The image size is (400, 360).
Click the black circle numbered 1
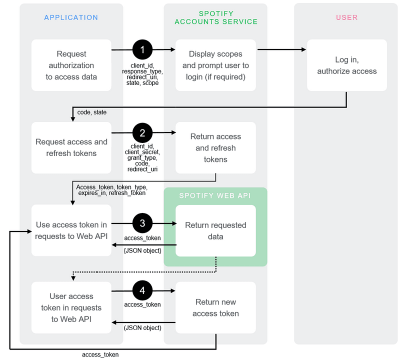pyautogui.click(x=142, y=50)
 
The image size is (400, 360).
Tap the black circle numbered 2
pyautogui.click(x=142, y=133)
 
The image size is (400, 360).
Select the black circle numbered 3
pyautogui.click(x=142, y=223)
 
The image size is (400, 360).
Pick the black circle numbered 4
pyautogui.click(x=142, y=290)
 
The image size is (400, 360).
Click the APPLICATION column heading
pyautogui.click(x=71, y=17)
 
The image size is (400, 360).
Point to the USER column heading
pyautogui.click(x=346, y=17)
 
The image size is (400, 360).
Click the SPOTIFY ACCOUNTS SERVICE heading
pyautogui.click(x=216, y=17)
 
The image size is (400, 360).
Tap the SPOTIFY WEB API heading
pyautogui.click(x=215, y=195)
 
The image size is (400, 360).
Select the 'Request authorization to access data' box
pyautogui.click(x=71, y=65)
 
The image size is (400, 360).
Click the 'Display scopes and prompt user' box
pyautogui.click(x=215, y=65)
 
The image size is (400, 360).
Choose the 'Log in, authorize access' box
pyautogui.click(x=346, y=65)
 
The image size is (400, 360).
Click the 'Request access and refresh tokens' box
pyautogui.click(x=71, y=147)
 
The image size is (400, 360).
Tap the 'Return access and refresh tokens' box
pyautogui.click(x=215, y=148)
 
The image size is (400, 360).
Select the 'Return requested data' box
pyautogui.click(x=215, y=230)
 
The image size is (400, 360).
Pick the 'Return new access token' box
pyautogui.click(x=215, y=308)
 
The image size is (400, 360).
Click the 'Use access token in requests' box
pyautogui.click(x=71, y=230)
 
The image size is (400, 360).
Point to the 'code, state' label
pyautogui.click(x=92, y=112)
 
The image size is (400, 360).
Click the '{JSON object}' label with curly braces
pyautogui.click(x=142, y=249)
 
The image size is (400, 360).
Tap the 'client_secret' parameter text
pyautogui.click(x=142, y=151)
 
